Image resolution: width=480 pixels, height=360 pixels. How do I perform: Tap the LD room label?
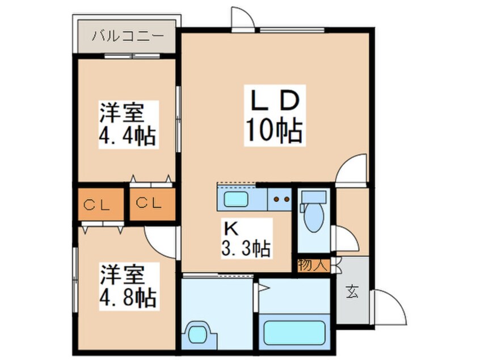[275, 102]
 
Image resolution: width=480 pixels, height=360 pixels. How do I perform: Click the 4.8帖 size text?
[128, 296]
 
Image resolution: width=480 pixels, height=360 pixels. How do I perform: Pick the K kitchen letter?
[231, 228]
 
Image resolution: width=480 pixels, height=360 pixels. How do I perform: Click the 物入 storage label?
[313, 265]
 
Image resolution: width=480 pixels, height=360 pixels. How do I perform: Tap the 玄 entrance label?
[352, 292]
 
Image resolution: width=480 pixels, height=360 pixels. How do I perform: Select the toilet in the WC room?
[313, 211]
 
